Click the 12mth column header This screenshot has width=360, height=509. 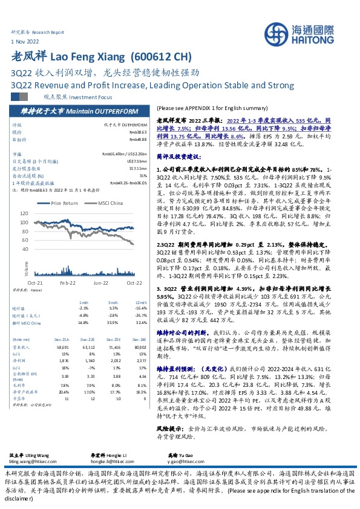pos(141,303)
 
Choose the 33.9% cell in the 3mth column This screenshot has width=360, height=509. pos(113,322)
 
